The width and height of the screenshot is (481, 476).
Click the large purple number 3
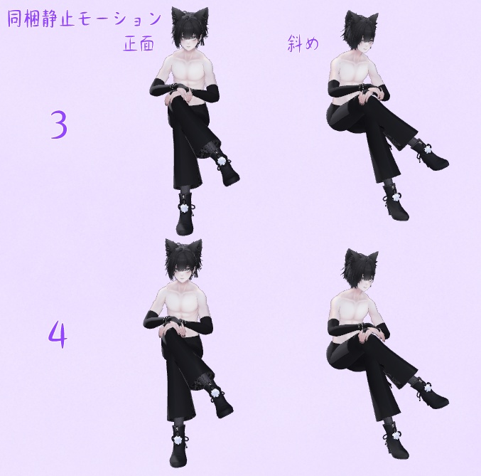(x=59, y=125)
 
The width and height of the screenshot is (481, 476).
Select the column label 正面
(x=139, y=44)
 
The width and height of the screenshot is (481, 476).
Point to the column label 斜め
(x=303, y=44)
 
